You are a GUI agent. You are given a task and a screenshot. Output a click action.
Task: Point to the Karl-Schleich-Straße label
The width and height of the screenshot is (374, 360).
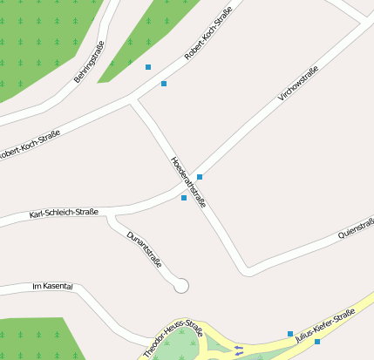64,213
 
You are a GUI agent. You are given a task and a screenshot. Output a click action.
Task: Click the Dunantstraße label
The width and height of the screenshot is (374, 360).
144,249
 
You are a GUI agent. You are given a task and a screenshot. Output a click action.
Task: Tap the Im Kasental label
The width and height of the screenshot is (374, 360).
51,286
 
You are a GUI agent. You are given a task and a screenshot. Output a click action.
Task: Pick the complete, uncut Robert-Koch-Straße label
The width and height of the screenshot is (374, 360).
201,44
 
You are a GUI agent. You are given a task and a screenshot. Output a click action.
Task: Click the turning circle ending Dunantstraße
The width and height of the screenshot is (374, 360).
181,285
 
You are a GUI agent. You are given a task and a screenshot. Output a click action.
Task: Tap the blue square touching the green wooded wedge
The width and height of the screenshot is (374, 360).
148,67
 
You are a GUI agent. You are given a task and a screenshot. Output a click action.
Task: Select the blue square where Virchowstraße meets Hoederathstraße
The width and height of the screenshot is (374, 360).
200,177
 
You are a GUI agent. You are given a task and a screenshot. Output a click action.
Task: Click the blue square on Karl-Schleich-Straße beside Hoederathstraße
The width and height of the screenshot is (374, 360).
184,198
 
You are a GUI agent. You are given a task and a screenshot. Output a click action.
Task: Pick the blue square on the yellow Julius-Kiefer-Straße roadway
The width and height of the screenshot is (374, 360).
317,342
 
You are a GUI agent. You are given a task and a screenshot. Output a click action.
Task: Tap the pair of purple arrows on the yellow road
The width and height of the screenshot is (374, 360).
239,350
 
